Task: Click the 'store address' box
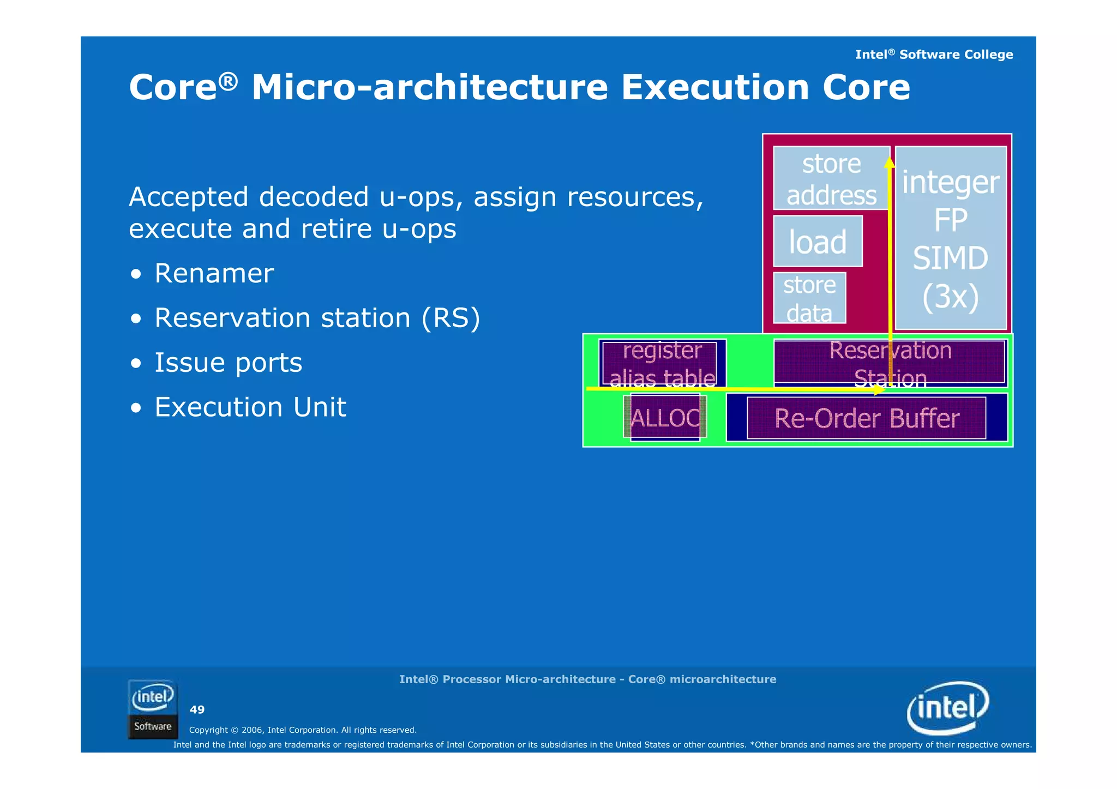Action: (831, 178)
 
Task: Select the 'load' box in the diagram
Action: (818, 242)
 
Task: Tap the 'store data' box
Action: (809, 298)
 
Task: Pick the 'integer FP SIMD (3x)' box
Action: (951, 238)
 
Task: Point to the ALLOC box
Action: (665, 418)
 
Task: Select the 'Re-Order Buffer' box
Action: (866, 418)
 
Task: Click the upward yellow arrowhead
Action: (890, 161)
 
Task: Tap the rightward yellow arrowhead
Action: (879, 390)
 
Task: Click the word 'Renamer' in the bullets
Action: (214, 273)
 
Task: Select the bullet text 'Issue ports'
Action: (228, 363)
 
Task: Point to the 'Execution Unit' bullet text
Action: (250, 407)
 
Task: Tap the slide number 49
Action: (197, 709)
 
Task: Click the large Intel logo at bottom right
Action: (947, 707)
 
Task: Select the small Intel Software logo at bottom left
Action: (153, 709)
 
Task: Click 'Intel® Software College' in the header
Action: (934, 55)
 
